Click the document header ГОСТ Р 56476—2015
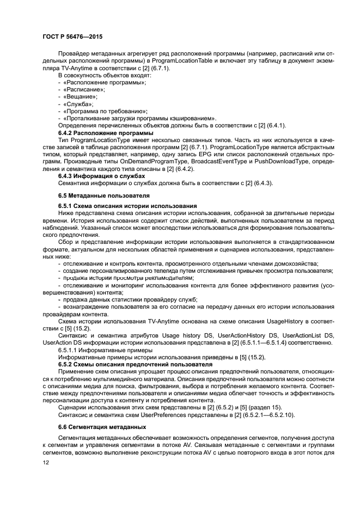coord(72,36)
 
